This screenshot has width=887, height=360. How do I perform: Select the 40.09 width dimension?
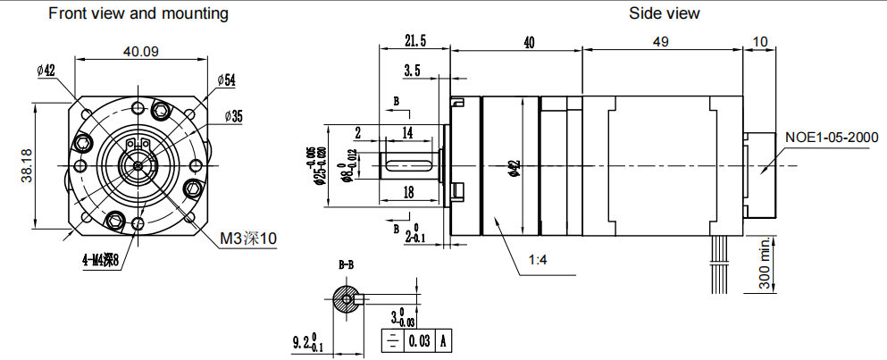(141, 52)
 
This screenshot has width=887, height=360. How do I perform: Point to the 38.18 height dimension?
(26, 165)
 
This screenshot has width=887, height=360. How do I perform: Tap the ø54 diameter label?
(225, 80)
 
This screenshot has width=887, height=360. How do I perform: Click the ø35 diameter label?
(234, 116)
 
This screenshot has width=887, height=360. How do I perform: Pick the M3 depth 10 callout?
(249, 239)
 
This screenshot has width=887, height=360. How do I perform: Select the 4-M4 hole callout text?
(98, 261)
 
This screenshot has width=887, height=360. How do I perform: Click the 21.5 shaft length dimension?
(415, 41)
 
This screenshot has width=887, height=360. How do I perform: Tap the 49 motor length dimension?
(661, 41)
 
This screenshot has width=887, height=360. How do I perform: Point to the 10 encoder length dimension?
(760, 41)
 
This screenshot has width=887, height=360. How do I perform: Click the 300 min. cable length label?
(766, 264)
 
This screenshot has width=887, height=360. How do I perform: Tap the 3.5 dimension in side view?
(412, 70)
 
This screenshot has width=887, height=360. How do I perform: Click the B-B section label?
(346, 265)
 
